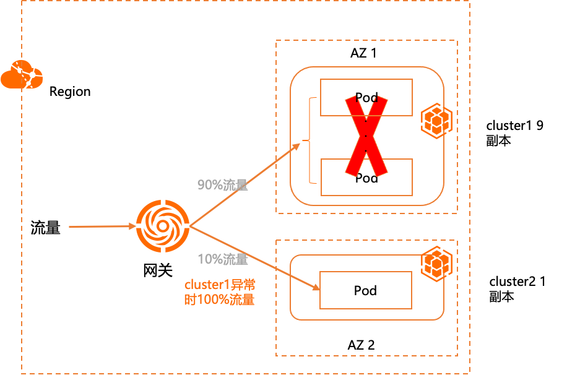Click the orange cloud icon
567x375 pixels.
[x=22, y=75]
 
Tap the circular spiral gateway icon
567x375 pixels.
[x=162, y=226]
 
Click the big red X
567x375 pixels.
[x=366, y=136]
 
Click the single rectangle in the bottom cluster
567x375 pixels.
[x=366, y=290]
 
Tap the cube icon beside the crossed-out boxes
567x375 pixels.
[x=436, y=120]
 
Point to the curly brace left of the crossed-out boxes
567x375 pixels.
[x=309, y=141]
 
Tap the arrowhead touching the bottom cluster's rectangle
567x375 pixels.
[x=316, y=288]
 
